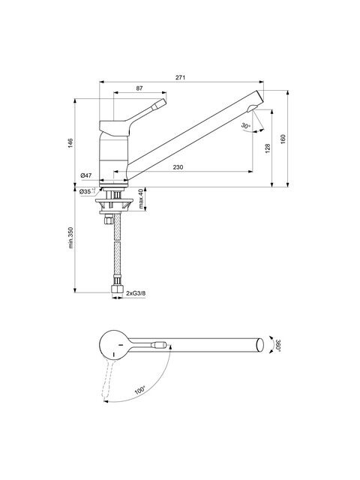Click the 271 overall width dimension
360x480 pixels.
click(180, 78)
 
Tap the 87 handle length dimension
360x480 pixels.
click(139, 88)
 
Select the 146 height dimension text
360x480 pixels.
click(70, 143)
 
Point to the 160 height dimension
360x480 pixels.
click(283, 139)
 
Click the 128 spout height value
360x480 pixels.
click(268, 148)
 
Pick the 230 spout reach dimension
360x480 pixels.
click(178, 167)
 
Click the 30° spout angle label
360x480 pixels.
click(245, 125)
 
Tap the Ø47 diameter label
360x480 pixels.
click(86, 175)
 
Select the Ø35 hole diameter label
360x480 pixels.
click(87, 192)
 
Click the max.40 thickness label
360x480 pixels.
click(141, 199)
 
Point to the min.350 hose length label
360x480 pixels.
click(70, 238)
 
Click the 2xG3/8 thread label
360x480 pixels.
click(136, 293)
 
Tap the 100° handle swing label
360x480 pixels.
click(140, 390)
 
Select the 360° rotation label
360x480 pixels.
click(277, 345)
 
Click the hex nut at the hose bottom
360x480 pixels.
click(117, 289)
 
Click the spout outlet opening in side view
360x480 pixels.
click(253, 108)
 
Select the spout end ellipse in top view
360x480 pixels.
click(260, 345)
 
